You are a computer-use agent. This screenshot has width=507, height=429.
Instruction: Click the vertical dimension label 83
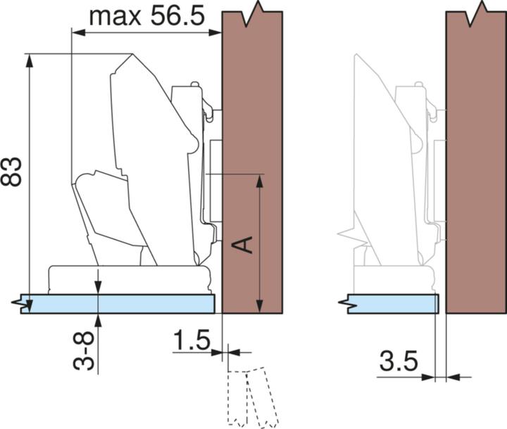11,172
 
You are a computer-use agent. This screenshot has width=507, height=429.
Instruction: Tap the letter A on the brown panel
243,245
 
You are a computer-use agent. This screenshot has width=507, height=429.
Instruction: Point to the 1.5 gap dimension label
192,340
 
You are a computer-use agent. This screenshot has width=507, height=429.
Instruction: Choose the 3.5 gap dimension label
399,361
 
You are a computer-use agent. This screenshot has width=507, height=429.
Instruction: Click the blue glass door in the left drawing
118,304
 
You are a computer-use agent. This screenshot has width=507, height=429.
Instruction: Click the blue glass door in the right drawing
393,304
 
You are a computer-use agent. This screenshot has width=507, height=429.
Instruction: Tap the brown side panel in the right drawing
476,162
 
